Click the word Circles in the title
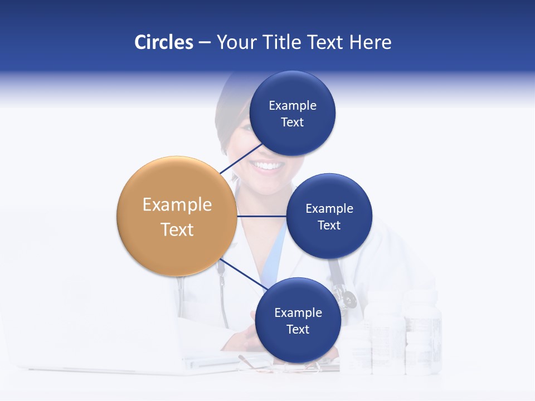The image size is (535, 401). [163, 42]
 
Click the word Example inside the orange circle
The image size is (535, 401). [177, 204]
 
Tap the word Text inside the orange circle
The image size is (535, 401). [177, 229]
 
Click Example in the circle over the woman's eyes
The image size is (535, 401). [292, 106]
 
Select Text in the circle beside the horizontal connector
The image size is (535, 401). [329, 225]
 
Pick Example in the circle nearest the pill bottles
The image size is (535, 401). [298, 312]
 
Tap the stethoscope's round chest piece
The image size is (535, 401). [349, 299]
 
